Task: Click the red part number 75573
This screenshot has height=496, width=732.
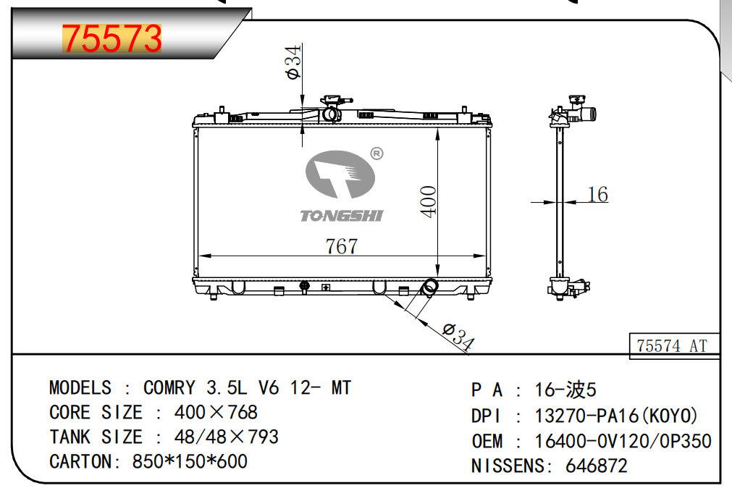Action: point(112,38)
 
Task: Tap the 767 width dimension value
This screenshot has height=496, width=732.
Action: point(342,246)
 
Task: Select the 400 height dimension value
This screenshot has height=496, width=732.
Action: point(428,201)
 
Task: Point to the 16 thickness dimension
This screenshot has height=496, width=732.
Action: point(597,194)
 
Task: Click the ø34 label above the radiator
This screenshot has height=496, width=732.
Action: point(293,62)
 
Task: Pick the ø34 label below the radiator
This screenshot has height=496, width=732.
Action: point(458,336)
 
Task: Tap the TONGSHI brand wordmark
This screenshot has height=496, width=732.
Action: point(341,215)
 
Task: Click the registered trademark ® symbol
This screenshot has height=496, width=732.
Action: point(376,154)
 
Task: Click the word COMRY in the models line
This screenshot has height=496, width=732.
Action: point(169,387)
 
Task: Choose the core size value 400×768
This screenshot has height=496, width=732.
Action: point(216,413)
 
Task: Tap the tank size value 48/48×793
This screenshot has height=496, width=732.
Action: point(227,437)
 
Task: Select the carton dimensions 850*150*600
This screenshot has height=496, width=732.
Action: point(190,461)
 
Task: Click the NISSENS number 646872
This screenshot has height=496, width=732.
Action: point(596,466)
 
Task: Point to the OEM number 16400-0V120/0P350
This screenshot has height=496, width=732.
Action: point(623,441)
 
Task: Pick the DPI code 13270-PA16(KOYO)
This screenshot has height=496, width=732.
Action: point(615,416)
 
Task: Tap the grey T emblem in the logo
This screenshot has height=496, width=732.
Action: point(340,174)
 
